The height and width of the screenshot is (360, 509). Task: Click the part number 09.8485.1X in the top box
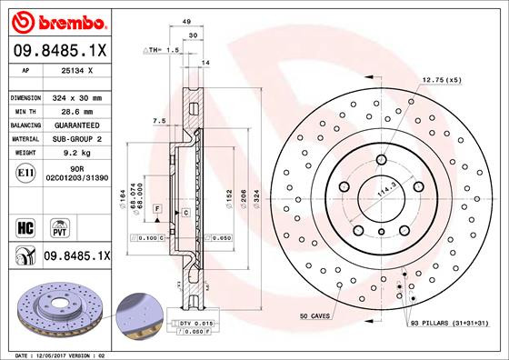(60, 49)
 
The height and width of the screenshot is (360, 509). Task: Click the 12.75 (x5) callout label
(442, 81)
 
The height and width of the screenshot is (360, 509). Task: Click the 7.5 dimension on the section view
(159, 121)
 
